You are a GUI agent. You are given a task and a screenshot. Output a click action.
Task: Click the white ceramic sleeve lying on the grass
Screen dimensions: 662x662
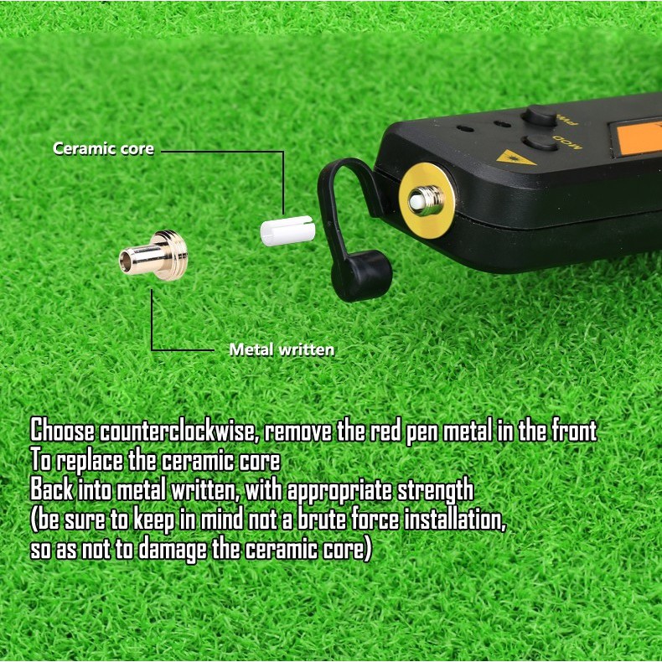tap(287, 230)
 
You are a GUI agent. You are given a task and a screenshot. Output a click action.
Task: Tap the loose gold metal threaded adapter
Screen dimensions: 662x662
tap(154, 256)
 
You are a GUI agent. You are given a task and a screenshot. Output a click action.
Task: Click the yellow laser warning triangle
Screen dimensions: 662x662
tap(515, 158)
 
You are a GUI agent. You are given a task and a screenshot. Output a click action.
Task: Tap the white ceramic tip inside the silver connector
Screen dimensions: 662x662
tap(417, 201)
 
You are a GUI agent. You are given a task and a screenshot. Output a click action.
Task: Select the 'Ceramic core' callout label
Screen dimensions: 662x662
tap(103, 148)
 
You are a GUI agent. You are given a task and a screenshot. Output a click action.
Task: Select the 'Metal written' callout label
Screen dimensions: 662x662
tap(282, 349)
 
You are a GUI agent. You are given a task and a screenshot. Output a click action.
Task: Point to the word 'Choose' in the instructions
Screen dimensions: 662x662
tap(63, 431)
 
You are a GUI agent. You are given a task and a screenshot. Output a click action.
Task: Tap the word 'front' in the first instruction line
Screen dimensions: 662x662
tap(574, 431)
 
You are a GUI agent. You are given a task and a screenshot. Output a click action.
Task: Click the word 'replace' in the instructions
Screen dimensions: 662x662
tap(90, 461)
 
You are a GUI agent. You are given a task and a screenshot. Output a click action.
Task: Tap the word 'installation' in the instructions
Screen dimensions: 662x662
tap(455, 520)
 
